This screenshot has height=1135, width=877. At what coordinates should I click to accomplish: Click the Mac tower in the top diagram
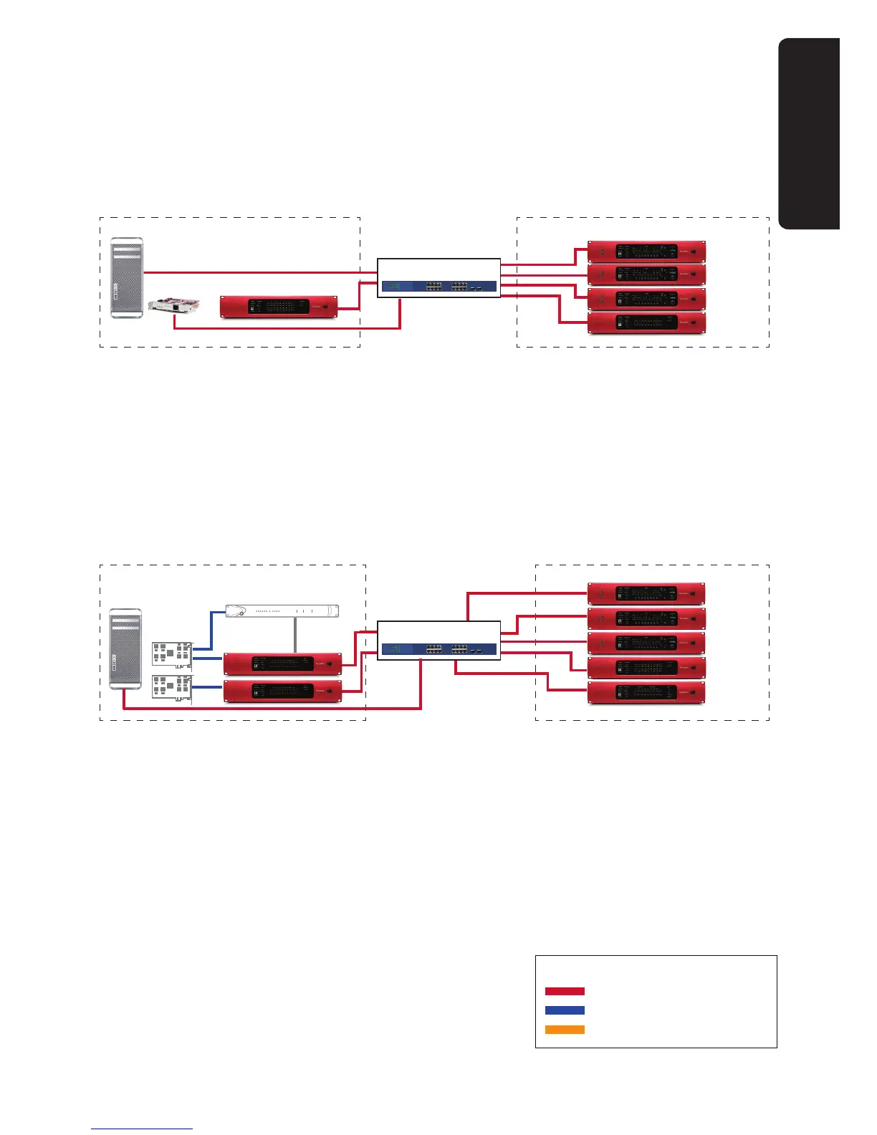coord(127,278)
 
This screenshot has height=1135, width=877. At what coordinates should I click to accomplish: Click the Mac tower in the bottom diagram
coord(125,648)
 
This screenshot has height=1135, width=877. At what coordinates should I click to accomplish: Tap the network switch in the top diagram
coord(438,286)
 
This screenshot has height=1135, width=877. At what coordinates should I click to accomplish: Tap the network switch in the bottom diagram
coord(438,649)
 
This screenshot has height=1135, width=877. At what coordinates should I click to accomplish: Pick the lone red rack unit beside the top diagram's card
coord(278,306)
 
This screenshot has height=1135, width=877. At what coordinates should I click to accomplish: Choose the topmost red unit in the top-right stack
coord(647,252)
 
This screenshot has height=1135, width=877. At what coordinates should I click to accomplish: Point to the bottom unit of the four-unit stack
coord(647,322)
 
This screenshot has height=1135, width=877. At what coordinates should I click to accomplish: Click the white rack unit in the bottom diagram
coord(282,611)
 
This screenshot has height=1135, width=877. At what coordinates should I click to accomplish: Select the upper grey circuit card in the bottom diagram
coord(173,656)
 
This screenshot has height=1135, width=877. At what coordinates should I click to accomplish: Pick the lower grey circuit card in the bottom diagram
coord(173,687)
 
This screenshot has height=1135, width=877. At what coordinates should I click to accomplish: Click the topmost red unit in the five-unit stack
coord(646,593)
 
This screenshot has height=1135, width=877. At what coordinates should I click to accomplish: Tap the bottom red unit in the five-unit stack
coord(646,693)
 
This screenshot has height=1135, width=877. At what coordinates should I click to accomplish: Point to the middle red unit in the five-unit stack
coord(646,643)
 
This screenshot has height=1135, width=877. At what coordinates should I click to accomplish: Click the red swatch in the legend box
coord(565,992)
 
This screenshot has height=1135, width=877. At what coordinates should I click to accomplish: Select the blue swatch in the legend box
coord(565,1010)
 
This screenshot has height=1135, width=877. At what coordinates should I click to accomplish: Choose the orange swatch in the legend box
coord(565,1030)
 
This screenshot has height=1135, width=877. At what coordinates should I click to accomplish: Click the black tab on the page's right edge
coord(810,133)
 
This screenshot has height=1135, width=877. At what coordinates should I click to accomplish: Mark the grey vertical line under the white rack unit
coord(295,635)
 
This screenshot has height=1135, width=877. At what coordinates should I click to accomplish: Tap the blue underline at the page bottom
coord(142,1129)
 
